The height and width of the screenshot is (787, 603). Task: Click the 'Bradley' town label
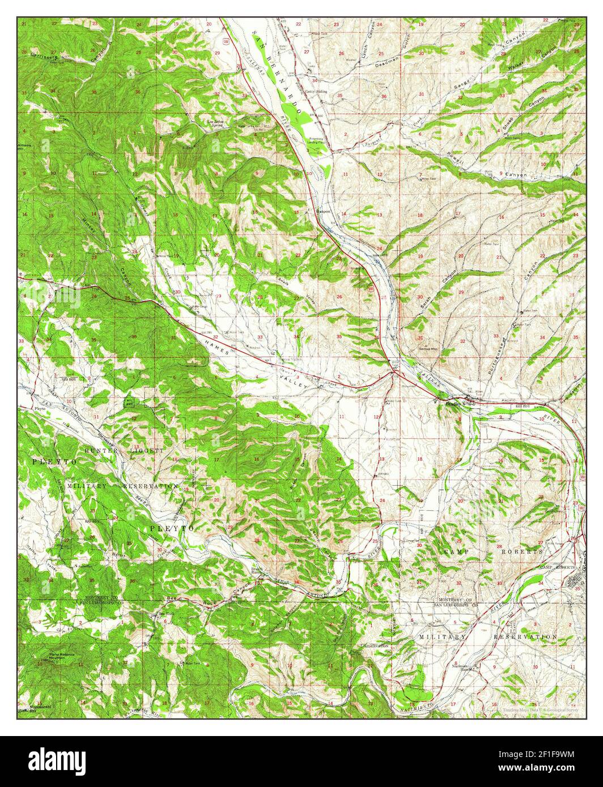pyautogui.click(x=454, y=404)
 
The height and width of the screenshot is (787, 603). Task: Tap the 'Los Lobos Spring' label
pyautogui.click(x=216, y=122)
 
